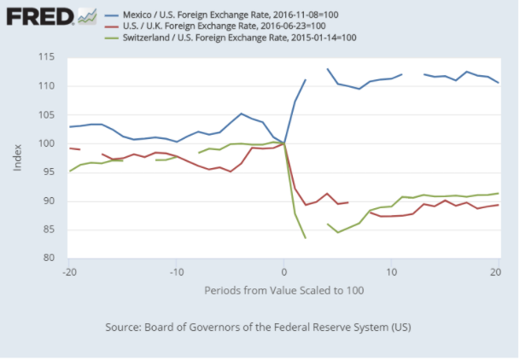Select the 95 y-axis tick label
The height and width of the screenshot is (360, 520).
(x=50, y=172)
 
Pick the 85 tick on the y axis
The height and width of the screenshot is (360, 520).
(x=50, y=229)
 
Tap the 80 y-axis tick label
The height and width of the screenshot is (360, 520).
(x=50, y=258)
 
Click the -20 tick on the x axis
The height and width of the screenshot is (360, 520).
(x=69, y=271)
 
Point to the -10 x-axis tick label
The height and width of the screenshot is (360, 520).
(x=177, y=271)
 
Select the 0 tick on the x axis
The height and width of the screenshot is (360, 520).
(x=284, y=271)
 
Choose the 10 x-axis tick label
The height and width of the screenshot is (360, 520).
(x=391, y=271)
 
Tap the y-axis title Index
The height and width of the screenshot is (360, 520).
(x=18, y=157)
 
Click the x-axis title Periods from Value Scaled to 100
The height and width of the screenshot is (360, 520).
(x=283, y=290)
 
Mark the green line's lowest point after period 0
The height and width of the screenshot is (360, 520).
(x=306, y=238)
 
